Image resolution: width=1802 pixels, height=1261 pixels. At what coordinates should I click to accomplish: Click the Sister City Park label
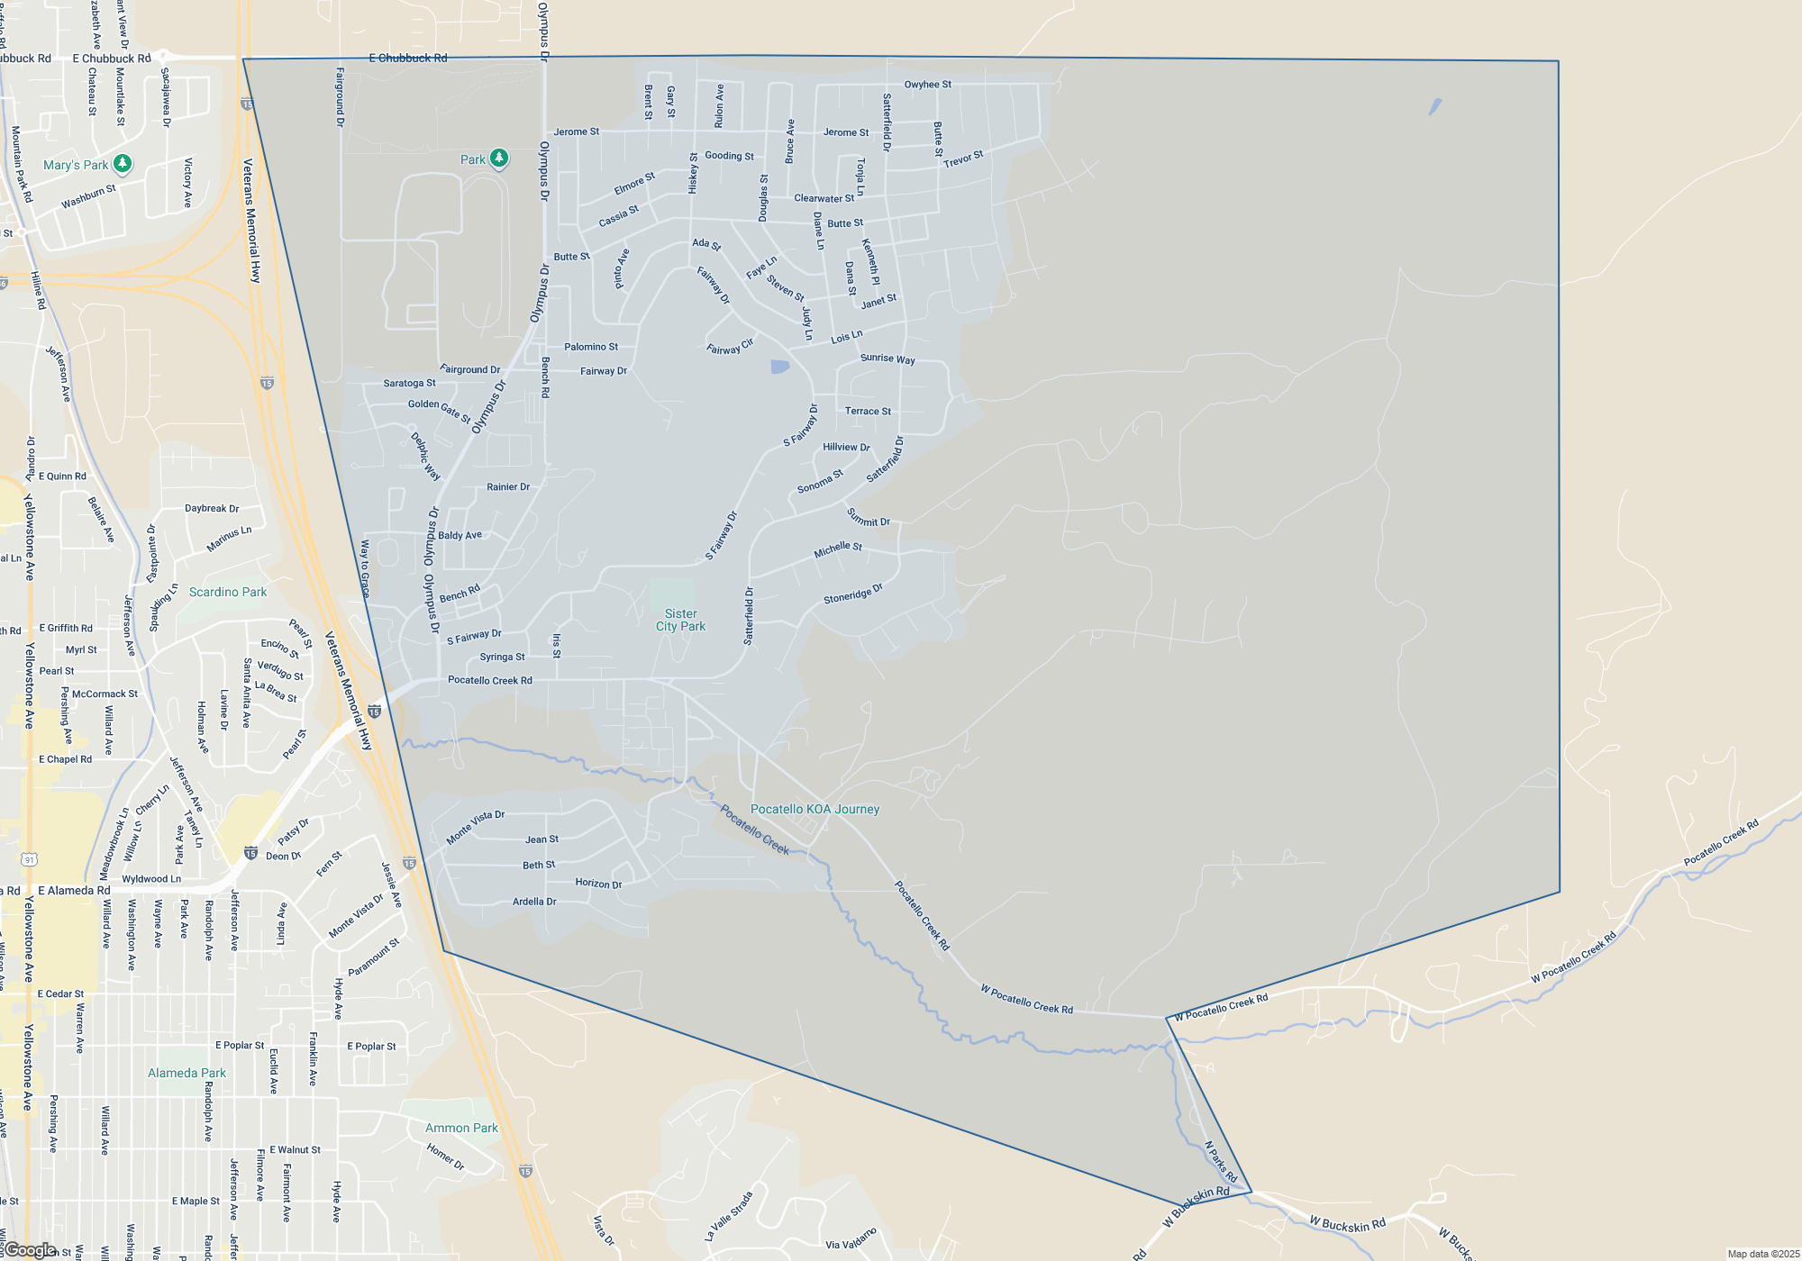click(680, 620)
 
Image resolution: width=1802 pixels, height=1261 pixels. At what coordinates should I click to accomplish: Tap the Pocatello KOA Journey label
click(815, 809)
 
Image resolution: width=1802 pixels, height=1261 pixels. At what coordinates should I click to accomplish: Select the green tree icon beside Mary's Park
click(123, 163)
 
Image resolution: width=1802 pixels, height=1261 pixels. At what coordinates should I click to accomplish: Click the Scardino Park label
click(228, 592)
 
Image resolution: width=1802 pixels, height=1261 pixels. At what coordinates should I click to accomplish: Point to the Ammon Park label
click(461, 1128)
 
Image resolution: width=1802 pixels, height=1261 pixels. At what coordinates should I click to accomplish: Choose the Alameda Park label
click(187, 1073)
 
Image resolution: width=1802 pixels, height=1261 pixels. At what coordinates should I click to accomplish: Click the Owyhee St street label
click(927, 85)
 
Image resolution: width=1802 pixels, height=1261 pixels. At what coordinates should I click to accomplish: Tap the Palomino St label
click(591, 347)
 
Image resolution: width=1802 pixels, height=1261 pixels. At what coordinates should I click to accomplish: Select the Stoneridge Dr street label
click(852, 594)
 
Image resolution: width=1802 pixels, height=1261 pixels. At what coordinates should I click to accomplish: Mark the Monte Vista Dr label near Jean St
click(476, 827)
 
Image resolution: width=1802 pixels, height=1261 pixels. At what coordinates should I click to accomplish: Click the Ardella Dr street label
click(534, 902)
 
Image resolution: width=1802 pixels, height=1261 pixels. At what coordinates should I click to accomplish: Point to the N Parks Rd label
click(1221, 1162)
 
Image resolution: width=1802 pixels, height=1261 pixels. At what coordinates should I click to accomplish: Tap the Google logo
click(31, 1250)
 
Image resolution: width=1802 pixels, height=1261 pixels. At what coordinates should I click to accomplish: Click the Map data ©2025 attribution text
click(1762, 1254)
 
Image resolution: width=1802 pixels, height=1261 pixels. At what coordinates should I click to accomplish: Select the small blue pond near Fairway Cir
click(780, 367)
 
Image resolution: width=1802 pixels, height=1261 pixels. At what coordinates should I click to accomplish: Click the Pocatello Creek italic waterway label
click(754, 830)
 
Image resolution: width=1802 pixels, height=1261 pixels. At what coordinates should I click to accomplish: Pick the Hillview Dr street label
click(846, 447)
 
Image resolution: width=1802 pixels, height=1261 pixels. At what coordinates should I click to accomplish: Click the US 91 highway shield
click(30, 860)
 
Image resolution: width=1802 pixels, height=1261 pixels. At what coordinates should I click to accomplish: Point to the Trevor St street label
click(963, 159)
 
